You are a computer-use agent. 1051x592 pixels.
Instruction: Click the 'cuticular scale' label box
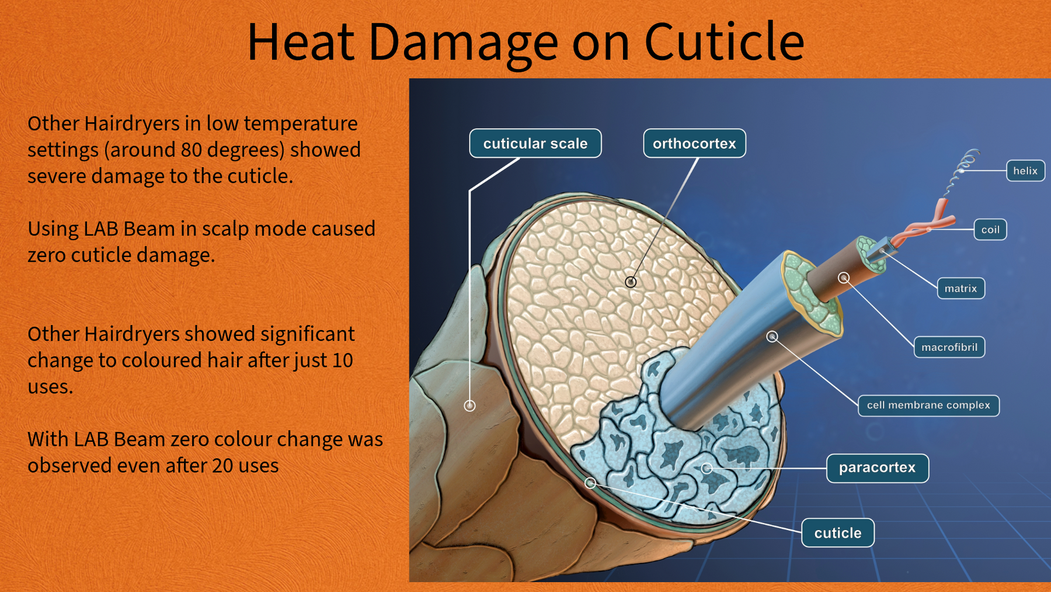click(535, 143)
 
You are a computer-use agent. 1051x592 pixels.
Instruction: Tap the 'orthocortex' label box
click(694, 143)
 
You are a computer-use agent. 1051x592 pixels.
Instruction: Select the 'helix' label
click(1025, 171)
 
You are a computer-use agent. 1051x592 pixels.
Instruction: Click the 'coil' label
click(990, 230)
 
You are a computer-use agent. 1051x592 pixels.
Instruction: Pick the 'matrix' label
click(960, 288)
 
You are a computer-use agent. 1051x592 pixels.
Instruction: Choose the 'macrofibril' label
click(949, 347)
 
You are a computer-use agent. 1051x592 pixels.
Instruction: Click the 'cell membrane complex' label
click(928, 405)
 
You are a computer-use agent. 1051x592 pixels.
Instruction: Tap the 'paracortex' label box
click(877, 468)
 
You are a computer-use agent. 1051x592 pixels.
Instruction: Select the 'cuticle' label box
click(837, 533)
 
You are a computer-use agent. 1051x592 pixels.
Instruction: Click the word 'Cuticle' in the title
click(724, 42)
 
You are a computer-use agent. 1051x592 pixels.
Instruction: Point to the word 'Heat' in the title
click(301, 42)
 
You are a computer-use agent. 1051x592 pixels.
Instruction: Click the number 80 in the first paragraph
click(191, 150)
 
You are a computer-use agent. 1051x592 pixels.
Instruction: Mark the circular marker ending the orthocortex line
click(631, 282)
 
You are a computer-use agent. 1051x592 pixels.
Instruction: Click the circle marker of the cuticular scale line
click(469, 405)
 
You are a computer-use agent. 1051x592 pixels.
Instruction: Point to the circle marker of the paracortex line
click(707, 468)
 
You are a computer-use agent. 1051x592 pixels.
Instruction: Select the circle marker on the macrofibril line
click(844, 278)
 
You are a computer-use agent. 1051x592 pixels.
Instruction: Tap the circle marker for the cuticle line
click(590, 483)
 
